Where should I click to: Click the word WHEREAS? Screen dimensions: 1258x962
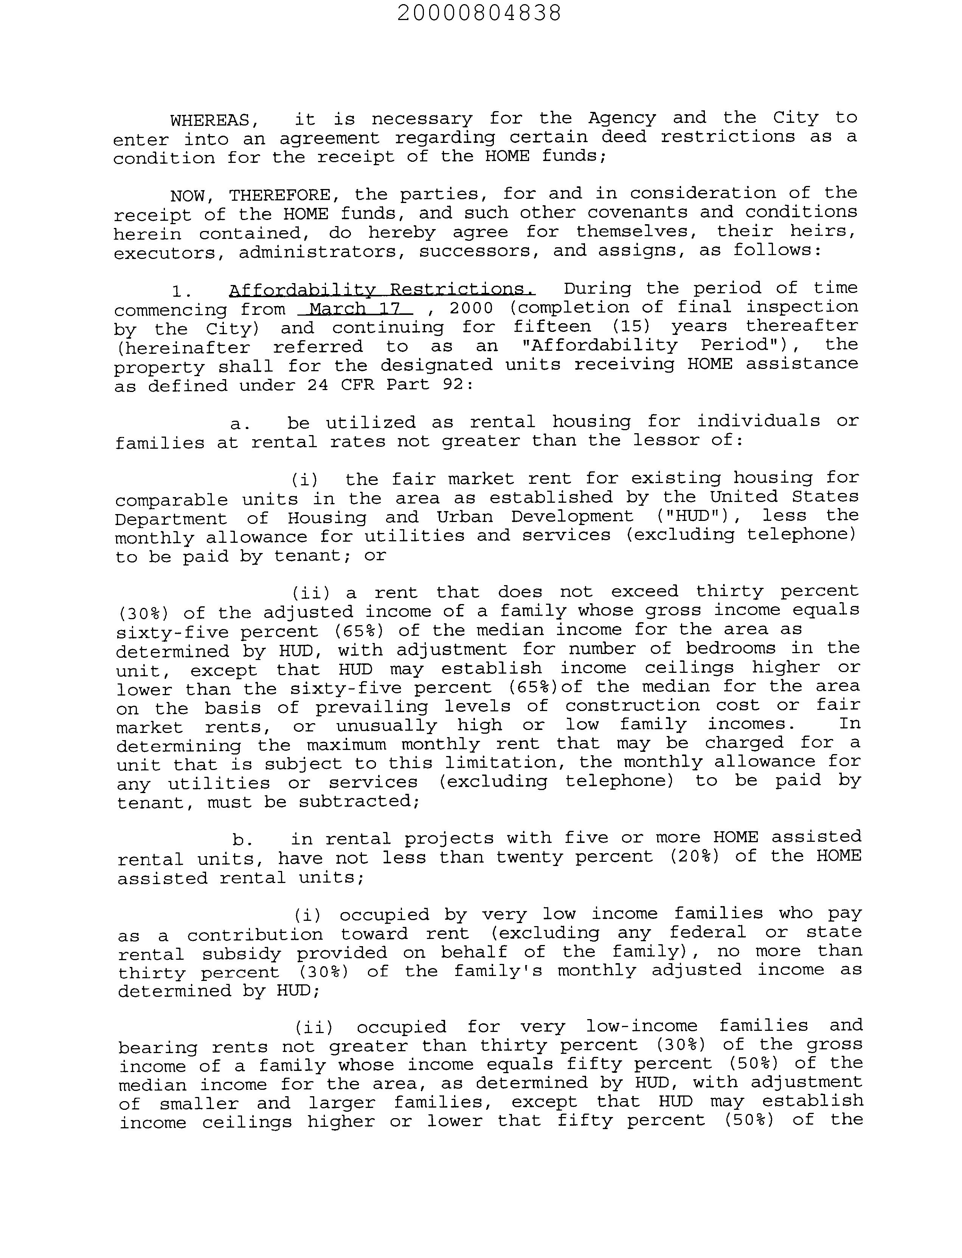210,121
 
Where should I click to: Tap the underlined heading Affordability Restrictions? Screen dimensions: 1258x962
382,290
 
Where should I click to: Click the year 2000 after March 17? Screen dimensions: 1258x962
471,308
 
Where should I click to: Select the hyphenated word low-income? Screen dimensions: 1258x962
641,1026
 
